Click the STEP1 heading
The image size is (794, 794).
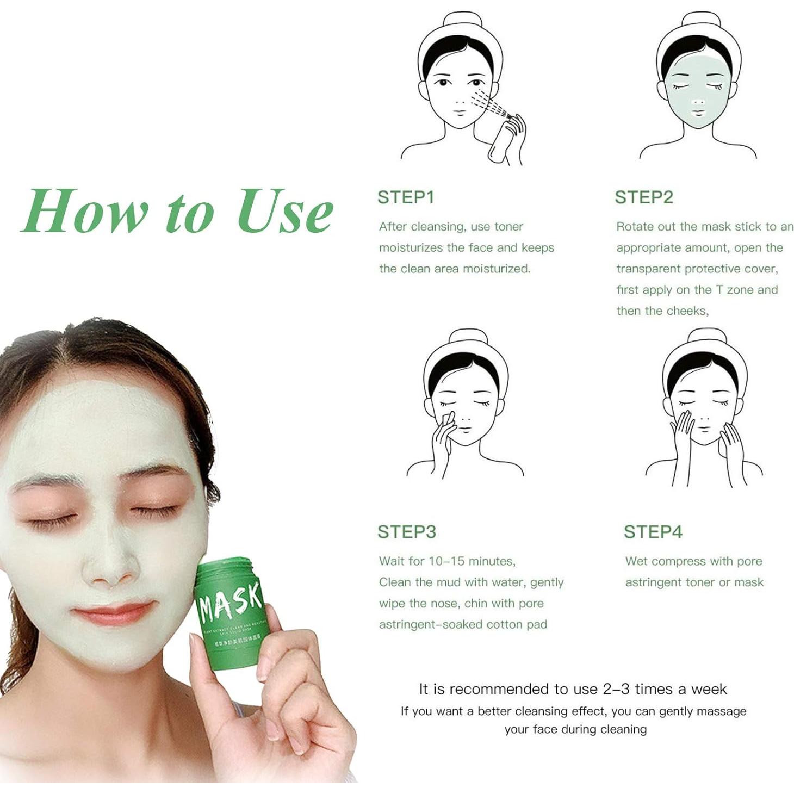(406, 197)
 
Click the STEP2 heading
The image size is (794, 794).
(643, 197)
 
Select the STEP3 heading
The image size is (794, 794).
(406, 531)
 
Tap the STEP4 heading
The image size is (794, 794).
(652, 531)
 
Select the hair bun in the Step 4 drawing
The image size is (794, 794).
(706, 337)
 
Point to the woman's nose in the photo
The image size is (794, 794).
(109, 566)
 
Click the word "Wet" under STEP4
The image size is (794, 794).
(636, 561)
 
